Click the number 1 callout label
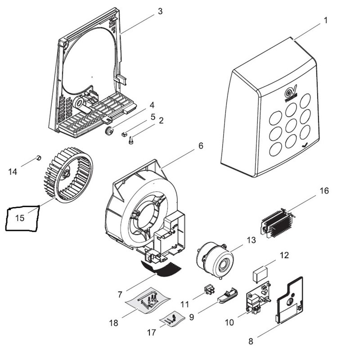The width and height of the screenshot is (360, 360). [325, 21]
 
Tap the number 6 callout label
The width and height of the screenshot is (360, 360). [201, 146]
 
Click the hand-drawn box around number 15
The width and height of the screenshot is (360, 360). [22, 218]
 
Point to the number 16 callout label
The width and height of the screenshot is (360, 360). [324, 191]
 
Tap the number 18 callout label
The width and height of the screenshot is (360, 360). [113, 323]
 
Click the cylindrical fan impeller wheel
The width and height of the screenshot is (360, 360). [67, 175]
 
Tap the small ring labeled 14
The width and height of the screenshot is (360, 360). [39, 157]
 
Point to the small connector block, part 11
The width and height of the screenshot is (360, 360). [208, 289]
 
